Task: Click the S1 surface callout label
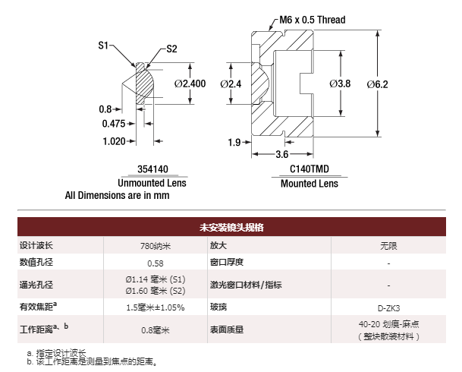(x=103, y=46)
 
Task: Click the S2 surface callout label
(x=171, y=49)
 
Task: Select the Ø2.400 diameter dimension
(x=190, y=84)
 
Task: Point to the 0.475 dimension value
(x=114, y=124)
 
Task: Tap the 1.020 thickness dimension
(x=114, y=141)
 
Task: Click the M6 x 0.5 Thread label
(x=313, y=20)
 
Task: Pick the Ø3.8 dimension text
(x=340, y=84)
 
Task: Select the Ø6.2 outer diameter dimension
(x=378, y=84)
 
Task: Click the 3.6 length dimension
(x=282, y=154)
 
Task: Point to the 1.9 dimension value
(x=234, y=143)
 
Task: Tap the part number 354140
(x=152, y=169)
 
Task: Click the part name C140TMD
(x=310, y=169)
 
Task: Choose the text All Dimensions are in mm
(x=118, y=195)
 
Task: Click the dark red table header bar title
(x=231, y=227)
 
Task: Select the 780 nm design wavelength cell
(x=156, y=246)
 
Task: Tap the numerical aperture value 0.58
(x=156, y=263)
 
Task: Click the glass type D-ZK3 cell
(x=388, y=308)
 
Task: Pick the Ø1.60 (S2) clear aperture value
(x=156, y=291)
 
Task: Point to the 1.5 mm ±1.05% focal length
(x=156, y=307)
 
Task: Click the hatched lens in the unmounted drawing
(x=144, y=84)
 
